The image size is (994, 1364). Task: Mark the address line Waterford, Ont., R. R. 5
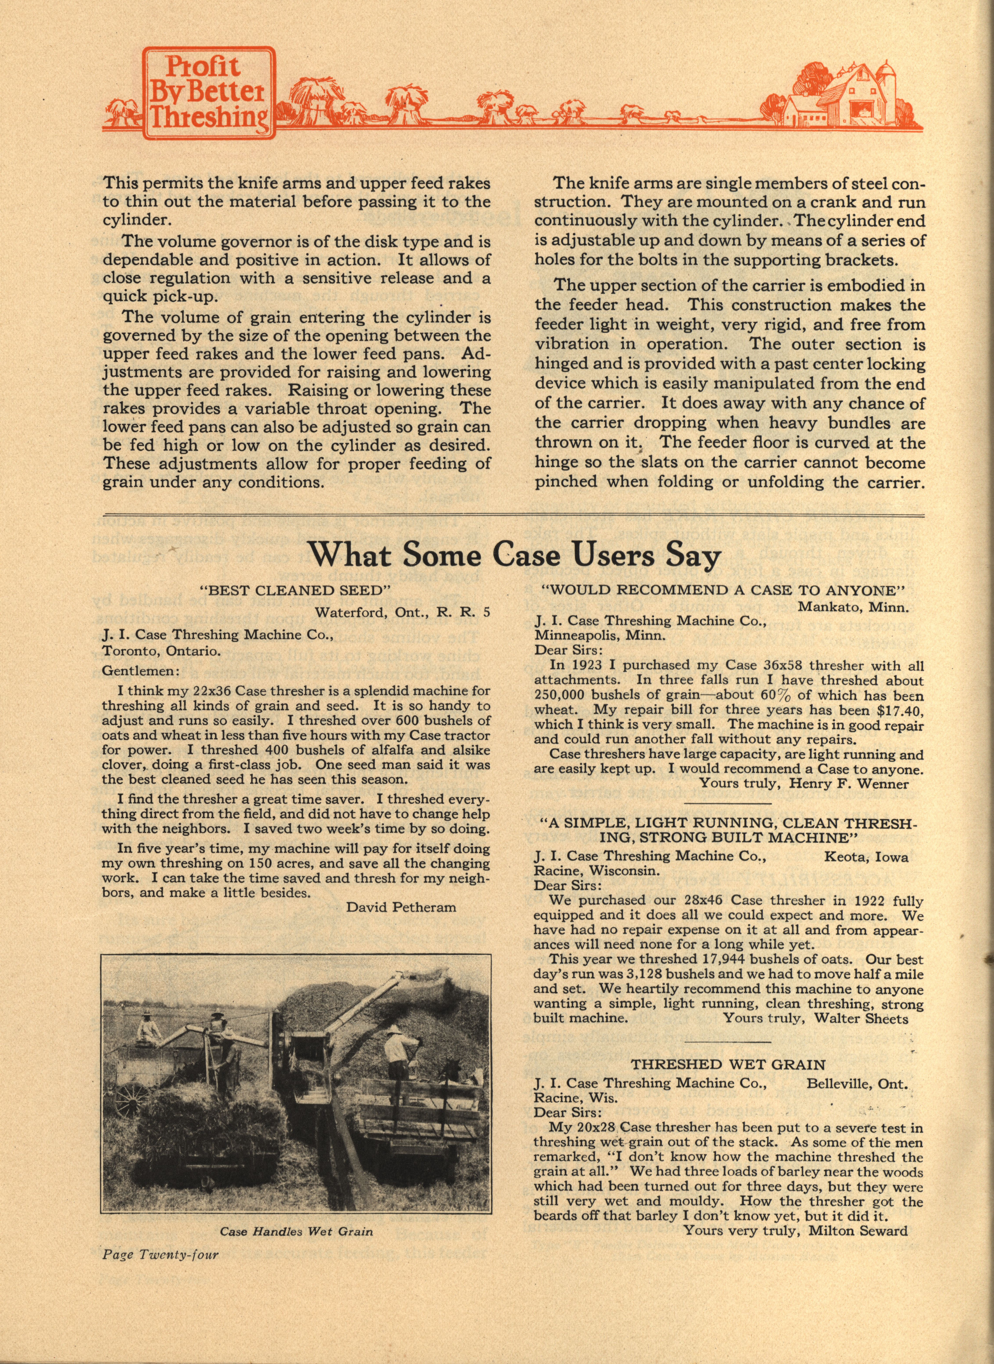point(403,613)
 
